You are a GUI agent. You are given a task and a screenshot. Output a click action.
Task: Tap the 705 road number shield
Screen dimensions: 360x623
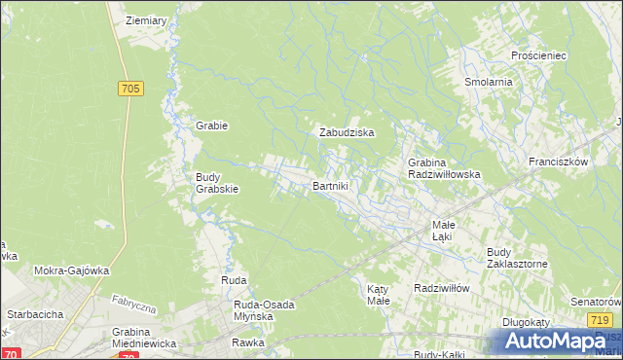[x=131, y=89]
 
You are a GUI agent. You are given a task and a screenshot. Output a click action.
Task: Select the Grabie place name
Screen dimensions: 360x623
[x=211, y=125]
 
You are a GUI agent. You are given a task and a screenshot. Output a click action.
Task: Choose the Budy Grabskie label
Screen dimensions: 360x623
[x=217, y=183]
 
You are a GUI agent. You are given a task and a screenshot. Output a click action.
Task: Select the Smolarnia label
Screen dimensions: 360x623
[x=488, y=82]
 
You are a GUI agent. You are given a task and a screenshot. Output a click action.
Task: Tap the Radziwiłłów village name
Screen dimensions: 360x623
[x=442, y=288]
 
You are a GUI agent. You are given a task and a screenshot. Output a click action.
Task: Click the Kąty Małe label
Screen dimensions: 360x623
[x=378, y=295]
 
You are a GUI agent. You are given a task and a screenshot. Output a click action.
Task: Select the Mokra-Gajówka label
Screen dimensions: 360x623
[x=71, y=270]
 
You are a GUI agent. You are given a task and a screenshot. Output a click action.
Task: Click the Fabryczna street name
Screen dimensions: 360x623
[x=133, y=305]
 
